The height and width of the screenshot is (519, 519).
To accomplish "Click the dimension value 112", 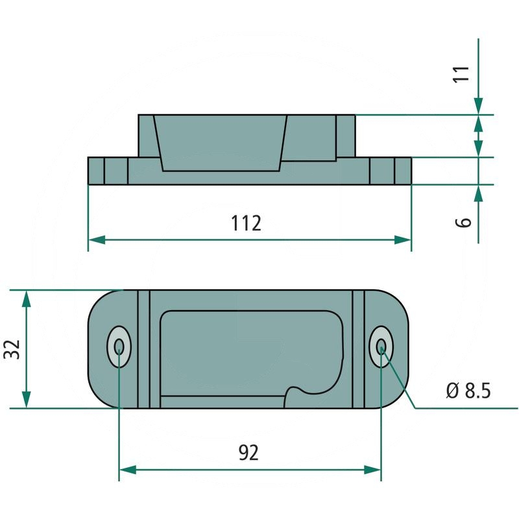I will coord(247,223).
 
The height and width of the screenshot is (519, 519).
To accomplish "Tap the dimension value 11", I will coord(461,73).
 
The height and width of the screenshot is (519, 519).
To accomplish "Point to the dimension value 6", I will coord(463,222).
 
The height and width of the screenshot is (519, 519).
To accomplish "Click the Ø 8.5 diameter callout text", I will coord(468,391).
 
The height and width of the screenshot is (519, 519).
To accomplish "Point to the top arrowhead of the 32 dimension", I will coord(26,298).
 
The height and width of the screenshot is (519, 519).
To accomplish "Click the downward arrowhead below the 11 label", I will coord(479,106).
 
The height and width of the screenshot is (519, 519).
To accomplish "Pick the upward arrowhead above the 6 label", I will coord(479,193).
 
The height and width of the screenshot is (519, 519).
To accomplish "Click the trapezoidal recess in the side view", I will coord(221,143).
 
